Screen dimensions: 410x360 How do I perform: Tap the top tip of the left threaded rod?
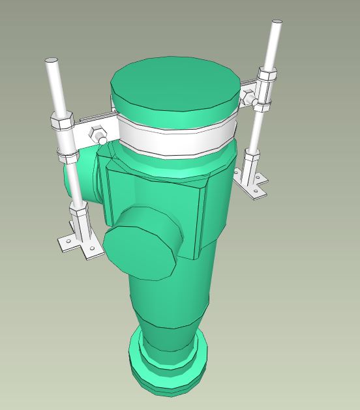click(x=51, y=62)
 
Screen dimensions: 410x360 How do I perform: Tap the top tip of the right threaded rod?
click(x=278, y=24)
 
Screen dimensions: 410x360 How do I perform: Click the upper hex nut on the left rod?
click(x=59, y=122)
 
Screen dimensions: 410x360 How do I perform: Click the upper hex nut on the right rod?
click(x=266, y=74)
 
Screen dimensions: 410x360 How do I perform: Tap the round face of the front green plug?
click(x=139, y=243)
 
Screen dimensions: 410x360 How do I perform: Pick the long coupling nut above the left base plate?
click(x=82, y=222)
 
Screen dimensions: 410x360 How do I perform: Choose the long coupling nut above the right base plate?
click(x=250, y=163)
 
